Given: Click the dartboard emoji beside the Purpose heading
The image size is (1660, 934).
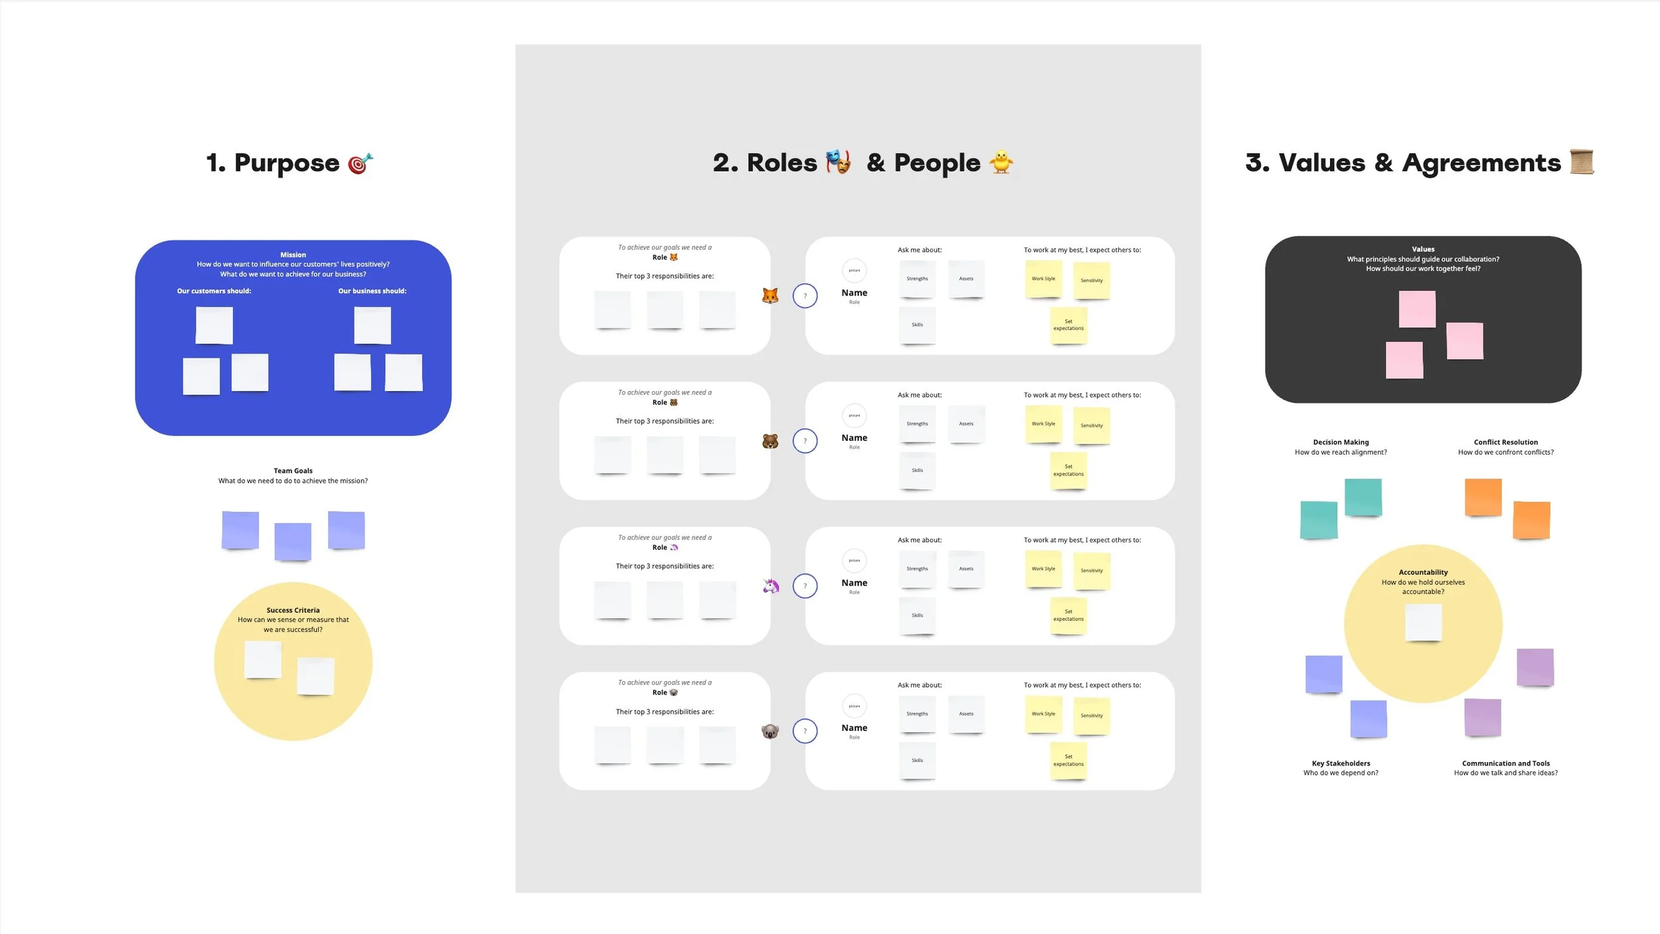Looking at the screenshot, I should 361,163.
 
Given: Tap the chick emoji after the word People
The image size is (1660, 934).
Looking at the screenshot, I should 1001,163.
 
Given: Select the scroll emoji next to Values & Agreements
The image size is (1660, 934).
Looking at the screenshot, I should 1582,162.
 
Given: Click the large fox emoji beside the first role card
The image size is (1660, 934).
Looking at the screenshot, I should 770,295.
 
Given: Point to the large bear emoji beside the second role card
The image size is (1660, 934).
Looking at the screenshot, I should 770,441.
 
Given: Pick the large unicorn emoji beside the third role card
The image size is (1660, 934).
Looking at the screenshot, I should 770,586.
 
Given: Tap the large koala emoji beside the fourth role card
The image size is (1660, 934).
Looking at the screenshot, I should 770,732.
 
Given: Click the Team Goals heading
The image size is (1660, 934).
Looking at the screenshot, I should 293,471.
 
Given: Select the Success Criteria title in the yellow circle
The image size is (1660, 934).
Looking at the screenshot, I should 293,610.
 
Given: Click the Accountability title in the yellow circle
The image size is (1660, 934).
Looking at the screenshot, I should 1423,572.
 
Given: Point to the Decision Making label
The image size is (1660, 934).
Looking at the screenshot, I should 1341,442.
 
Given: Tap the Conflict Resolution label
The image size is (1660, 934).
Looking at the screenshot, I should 1505,442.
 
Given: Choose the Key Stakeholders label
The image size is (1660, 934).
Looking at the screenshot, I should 1341,763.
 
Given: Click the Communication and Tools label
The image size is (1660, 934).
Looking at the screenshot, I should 1505,763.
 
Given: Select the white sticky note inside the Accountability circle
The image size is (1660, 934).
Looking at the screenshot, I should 1423,622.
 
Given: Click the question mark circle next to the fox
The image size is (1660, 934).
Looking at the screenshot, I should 805,296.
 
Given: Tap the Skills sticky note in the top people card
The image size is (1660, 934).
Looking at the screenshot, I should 917,325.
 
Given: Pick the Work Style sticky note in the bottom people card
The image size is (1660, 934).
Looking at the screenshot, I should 1043,714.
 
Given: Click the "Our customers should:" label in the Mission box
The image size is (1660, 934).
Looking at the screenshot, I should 214,291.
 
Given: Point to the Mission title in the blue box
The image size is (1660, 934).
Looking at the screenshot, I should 293,255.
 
